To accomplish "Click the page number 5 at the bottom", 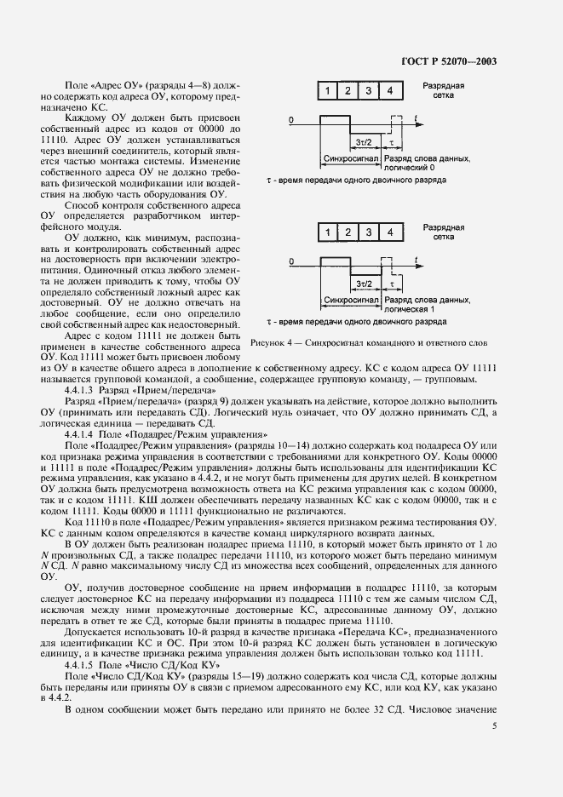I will [494, 725].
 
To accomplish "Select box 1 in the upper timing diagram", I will [327, 90].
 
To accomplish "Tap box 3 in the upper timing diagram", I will [369, 90].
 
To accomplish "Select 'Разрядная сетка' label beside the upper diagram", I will [444, 91].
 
